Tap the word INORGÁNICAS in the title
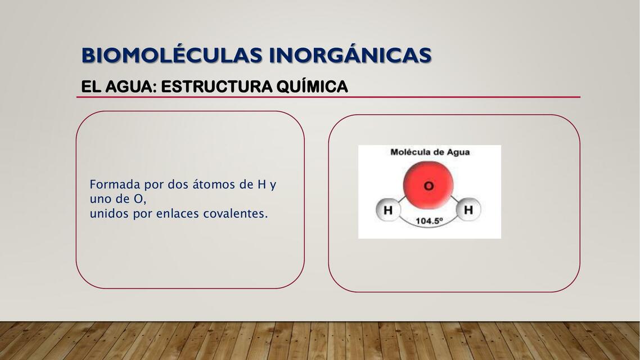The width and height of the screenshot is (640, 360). (x=350, y=56)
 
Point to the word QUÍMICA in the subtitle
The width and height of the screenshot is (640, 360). (x=312, y=87)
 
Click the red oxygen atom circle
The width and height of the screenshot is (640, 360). (x=429, y=184)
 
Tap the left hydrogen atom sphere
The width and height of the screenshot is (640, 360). (x=387, y=211)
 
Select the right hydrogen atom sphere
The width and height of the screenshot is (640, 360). (x=468, y=210)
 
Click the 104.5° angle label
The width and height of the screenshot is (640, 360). (x=429, y=221)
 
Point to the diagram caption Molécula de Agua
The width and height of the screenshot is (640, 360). (x=430, y=152)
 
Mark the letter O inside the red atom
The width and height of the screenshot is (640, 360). (x=429, y=186)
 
